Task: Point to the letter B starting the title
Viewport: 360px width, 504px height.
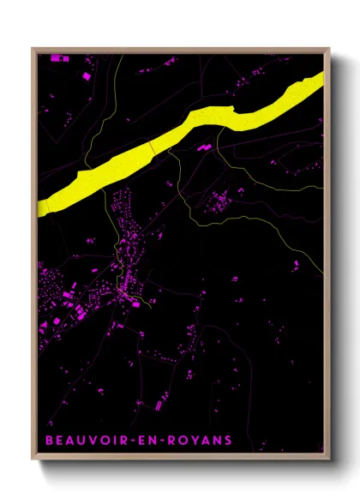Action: tap(49, 441)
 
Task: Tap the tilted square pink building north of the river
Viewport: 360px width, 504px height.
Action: tap(86, 77)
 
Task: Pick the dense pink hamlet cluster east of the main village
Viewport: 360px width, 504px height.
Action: tap(220, 202)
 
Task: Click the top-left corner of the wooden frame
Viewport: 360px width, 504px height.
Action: tap(33, 50)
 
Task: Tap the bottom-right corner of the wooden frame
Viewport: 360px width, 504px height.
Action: tap(328, 459)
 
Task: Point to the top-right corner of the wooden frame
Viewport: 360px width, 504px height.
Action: tap(328, 50)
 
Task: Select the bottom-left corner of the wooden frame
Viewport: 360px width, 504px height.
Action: tap(33, 459)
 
